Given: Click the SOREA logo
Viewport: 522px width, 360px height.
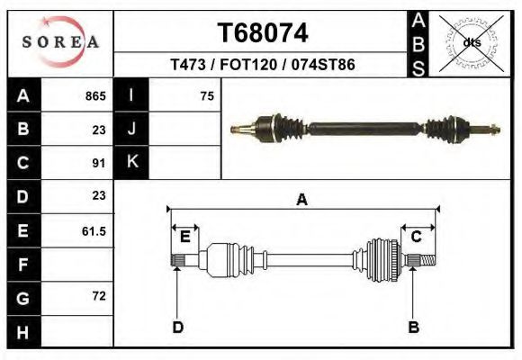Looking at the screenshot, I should point(59,42).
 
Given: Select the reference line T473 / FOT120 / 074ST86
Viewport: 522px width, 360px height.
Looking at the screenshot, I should point(261,65).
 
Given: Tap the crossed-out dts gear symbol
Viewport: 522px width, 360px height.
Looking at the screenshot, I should point(469,42).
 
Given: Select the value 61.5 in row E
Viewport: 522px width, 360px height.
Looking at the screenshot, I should point(94,231).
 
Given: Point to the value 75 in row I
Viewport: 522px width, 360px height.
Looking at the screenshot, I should point(207,95).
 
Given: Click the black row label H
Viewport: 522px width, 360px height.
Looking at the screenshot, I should point(22,331).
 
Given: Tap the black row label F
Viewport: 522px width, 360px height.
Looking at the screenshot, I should point(22,265).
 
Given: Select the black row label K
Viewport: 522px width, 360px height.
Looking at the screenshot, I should point(132,162).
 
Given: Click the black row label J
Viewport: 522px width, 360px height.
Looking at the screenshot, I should point(132,129).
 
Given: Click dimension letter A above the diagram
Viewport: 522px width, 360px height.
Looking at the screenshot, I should point(301,200).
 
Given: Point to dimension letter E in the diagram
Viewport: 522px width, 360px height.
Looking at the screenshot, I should point(184,237).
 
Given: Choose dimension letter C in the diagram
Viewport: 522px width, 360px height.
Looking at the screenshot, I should point(417,237).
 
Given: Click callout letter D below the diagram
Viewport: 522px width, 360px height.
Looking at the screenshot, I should point(177,327).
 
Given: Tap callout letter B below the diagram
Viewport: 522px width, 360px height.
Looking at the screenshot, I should point(414,327).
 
